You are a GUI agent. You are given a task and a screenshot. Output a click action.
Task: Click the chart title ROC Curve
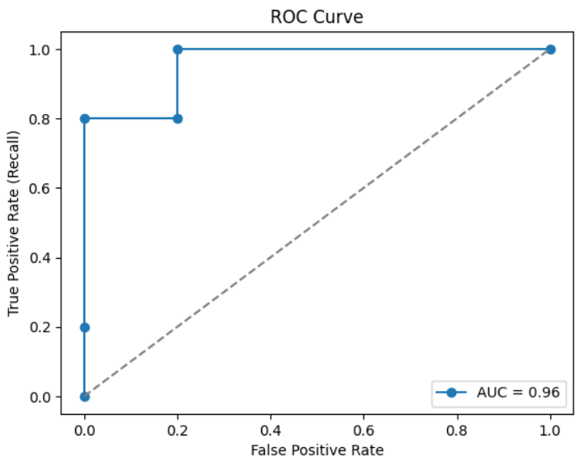pos(317,17)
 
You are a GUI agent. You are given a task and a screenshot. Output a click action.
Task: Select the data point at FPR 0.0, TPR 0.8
pos(84,118)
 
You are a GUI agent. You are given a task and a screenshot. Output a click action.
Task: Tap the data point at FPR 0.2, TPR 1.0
pos(178,50)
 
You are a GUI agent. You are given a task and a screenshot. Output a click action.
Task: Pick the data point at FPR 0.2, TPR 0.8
pos(178,118)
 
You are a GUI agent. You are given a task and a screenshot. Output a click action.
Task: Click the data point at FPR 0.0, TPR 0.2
pos(84,327)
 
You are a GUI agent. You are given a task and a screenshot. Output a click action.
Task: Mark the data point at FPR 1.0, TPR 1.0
pos(551,50)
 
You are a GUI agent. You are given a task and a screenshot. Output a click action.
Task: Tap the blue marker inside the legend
pos(452,393)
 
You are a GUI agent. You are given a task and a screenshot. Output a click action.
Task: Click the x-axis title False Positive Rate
pos(317,450)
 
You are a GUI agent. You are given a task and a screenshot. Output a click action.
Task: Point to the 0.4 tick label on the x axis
pos(271,431)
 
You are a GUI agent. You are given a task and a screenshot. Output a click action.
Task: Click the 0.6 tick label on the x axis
pos(364,431)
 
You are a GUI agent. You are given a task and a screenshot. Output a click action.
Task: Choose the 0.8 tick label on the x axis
pos(458,431)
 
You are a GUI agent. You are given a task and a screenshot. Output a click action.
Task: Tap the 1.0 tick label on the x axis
pos(551,431)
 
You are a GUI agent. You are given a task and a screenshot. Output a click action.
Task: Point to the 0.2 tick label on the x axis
pos(178,431)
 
